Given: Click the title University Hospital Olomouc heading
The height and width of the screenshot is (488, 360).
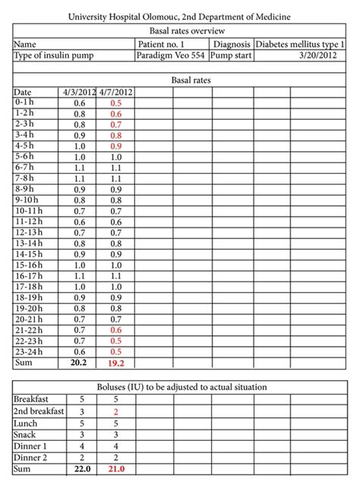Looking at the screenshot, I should point(179,16).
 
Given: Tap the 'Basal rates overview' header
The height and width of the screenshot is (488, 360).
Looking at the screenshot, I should point(179,31).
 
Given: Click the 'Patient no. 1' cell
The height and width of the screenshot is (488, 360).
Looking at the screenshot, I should point(162,44).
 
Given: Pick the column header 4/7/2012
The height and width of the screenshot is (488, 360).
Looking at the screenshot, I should point(115,93).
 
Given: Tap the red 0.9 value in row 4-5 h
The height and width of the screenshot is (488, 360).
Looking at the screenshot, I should point(115,146).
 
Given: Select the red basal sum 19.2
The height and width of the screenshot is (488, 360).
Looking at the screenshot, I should point(115,364).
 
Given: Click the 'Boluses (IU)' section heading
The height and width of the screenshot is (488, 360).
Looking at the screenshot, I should point(179,386).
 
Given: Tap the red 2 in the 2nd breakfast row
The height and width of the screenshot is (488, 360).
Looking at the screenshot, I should point(115,411).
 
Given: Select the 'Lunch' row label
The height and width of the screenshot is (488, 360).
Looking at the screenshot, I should point(25,423).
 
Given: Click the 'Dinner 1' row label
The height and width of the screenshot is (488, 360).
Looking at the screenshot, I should point(30,446).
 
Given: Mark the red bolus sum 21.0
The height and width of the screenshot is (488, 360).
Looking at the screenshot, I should point(115,471).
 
